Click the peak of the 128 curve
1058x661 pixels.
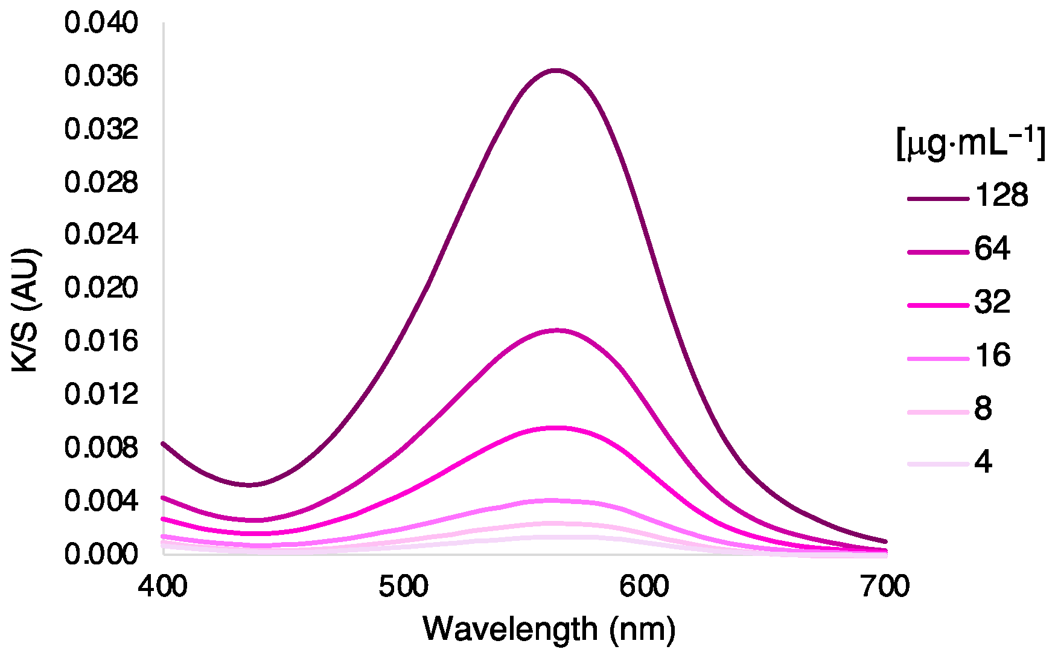(x=556, y=71)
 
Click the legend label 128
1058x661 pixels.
(x=1001, y=196)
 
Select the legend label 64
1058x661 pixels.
(x=992, y=249)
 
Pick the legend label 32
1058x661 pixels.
(x=992, y=302)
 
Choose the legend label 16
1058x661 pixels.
(x=992, y=355)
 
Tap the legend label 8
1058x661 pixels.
(x=983, y=409)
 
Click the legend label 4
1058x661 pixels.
(x=983, y=462)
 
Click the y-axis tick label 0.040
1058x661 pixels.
(x=101, y=24)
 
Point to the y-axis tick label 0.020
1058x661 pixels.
(x=101, y=288)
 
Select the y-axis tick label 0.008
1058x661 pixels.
(x=101, y=447)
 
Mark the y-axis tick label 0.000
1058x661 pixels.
(x=101, y=554)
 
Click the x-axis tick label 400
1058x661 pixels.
(x=163, y=587)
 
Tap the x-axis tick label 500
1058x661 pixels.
(x=404, y=587)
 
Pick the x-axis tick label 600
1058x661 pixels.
(x=645, y=587)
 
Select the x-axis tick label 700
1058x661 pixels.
(x=885, y=587)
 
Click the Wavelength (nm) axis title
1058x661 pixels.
(x=549, y=630)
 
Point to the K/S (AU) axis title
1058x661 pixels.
(x=27, y=310)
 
